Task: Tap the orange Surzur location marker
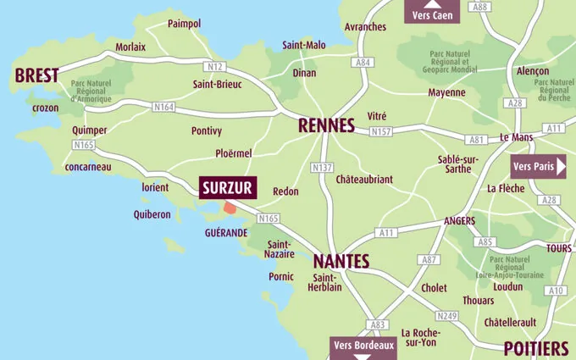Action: pos(230,208)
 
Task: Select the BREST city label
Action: pos(36,75)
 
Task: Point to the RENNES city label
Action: pos(325,126)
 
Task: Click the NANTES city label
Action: pos(341,261)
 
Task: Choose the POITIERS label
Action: pos(535,348)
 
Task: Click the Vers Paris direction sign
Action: pos(538,167)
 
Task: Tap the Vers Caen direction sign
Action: pos(432,14)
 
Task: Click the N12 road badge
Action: pos(213,66)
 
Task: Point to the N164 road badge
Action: pos(163,107)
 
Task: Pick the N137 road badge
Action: pos(322,168)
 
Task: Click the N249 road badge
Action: pos(448,316)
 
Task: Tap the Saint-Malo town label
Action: pos(303,45)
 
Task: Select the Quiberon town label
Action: pos(152,214)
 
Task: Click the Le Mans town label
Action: pos(515,137)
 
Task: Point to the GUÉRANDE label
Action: pos(225,232)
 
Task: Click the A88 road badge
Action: pos(481,7)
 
